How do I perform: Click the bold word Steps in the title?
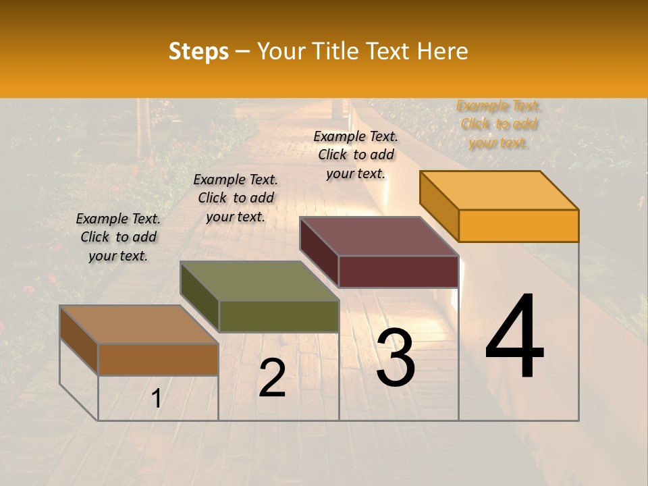pyautogui.click(x=198, y=51)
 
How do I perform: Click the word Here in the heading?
pyautogui.click(x=442, y=51)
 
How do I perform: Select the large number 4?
pyautogui.click(x=514, y=337)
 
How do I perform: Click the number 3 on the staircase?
pyautogui.click(x=395, y=358)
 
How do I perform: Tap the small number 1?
pyautogui.click(x=157, y=399)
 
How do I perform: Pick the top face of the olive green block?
pyautogui.click(x=259, y=281)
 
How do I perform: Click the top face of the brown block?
pyautogui.click(x=139, y=325)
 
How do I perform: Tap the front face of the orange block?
pyautogui.click(x=518, y=225)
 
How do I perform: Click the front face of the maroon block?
pyautogui.click(x=398, y=271)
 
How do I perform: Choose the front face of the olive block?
pyautogui.click(x=278, y=316)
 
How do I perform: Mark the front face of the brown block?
pyautogui.click(x=158, y=359)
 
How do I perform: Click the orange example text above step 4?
pyautogui.click(x=498, y=124)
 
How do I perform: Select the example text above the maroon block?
pyautogui.click(x=356, y=155)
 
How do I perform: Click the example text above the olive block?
pyautogui.click(x=236, y=198)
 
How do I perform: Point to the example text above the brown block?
pyautogui.click(x=118, y=237)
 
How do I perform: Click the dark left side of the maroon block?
pyautogui.click(x=319, y=252)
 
